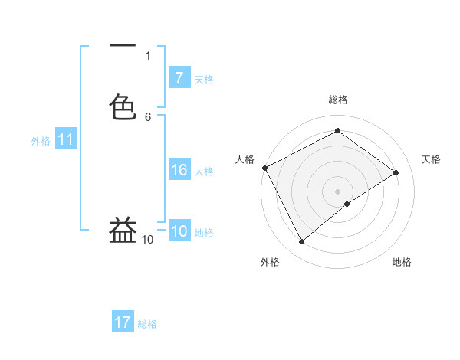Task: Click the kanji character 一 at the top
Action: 123,45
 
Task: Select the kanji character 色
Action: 123,106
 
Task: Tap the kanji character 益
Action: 123,229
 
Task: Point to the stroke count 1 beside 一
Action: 148,55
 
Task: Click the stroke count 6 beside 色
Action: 148,116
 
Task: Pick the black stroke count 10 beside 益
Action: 148,240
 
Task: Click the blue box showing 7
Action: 179,78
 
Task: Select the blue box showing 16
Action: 179,171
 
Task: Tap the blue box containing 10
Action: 179,232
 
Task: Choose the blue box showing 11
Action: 66,140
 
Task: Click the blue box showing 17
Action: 123,323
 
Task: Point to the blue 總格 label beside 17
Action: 147,324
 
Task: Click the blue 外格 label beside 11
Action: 41,141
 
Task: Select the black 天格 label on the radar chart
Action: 432,159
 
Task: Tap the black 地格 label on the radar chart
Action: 402,262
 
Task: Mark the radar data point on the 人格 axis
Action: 264,168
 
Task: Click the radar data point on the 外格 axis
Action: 302,242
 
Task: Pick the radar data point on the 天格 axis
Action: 396,172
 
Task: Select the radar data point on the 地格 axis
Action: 347,204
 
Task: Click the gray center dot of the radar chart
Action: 337,191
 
